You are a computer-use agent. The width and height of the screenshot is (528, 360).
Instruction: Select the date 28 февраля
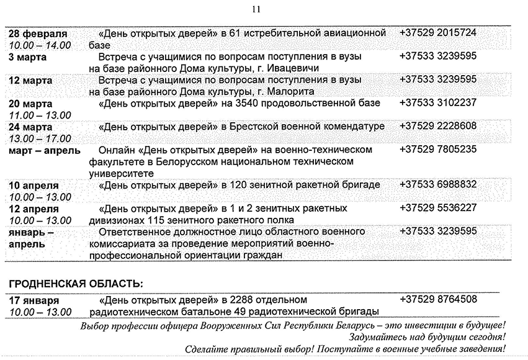click(x=38, y=34)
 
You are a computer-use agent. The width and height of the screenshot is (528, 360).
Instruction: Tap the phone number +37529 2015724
click(x=438, y=32)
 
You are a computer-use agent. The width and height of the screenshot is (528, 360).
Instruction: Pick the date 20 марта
click(x=30, y=104)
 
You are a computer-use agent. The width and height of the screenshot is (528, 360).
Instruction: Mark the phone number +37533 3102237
click(x=438, y=103)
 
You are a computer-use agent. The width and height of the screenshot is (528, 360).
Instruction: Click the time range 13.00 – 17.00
click(x=40, y=138)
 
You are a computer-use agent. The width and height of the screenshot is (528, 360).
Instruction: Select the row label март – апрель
click(x=45, y=151)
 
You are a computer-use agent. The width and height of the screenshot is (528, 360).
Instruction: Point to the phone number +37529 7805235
click(x=438, y=150)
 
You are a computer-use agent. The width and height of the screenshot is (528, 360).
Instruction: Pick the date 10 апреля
click(x=34, y=186)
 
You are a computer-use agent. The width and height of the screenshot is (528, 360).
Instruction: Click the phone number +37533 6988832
click(x=438, y=184)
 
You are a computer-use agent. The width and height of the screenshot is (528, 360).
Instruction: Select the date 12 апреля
click(x=34, y=209)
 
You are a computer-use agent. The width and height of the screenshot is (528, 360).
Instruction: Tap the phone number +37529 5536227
click(x=438, y=208)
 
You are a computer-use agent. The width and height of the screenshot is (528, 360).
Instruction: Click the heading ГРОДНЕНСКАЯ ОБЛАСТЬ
click(x=75, y=284)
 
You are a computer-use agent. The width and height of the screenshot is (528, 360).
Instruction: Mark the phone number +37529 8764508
click(x=438, y=299)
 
